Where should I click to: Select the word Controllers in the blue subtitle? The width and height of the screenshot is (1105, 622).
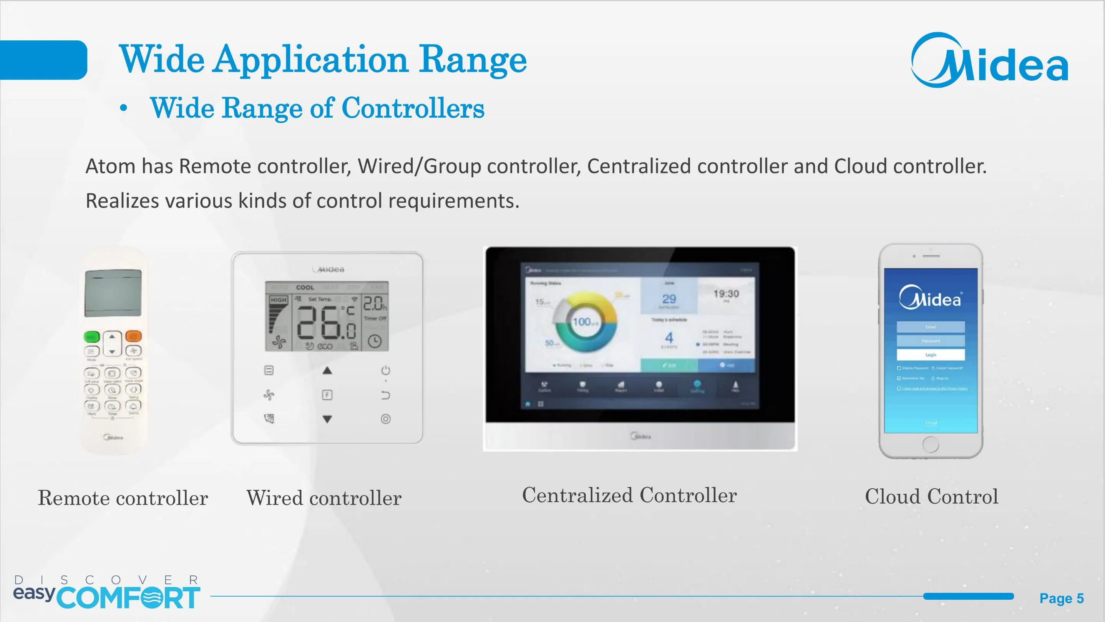(413, 108)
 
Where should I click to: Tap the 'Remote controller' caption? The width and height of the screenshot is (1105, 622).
(123, 498)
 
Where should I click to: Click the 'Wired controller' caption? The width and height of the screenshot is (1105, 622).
(324, 498)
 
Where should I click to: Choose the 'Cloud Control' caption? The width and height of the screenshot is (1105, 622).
(931, 497)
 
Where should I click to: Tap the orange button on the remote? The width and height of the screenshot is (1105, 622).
(133, 336)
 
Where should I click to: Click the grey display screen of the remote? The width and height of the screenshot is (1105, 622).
(113, 293)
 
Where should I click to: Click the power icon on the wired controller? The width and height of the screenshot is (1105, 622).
(386, 370)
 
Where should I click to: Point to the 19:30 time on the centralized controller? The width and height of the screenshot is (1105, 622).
(726, 294)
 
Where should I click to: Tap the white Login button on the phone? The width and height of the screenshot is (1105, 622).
(931, 354)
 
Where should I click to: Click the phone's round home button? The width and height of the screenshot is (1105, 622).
(931, 444)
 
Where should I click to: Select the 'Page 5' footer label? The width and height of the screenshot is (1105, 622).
(1061, 599)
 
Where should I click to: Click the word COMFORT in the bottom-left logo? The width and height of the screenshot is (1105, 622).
(128, 598)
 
